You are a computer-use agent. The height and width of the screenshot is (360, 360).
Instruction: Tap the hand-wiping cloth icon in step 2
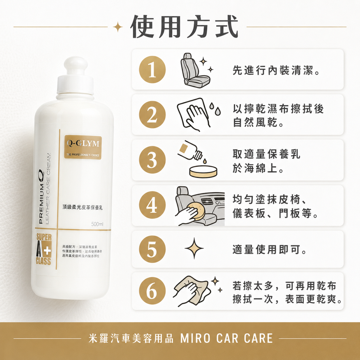pos(193,114)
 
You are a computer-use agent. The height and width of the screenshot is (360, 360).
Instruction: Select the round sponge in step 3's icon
pos(203,171)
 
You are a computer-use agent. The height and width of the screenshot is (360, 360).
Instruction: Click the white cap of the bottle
pos(75,77)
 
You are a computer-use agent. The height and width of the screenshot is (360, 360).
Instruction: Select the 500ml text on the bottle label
pos(97,224)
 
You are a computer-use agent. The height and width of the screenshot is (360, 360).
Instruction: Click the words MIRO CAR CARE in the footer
pos(226,339)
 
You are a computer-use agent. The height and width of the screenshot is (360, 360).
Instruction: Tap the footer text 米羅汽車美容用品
pos(132,339)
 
